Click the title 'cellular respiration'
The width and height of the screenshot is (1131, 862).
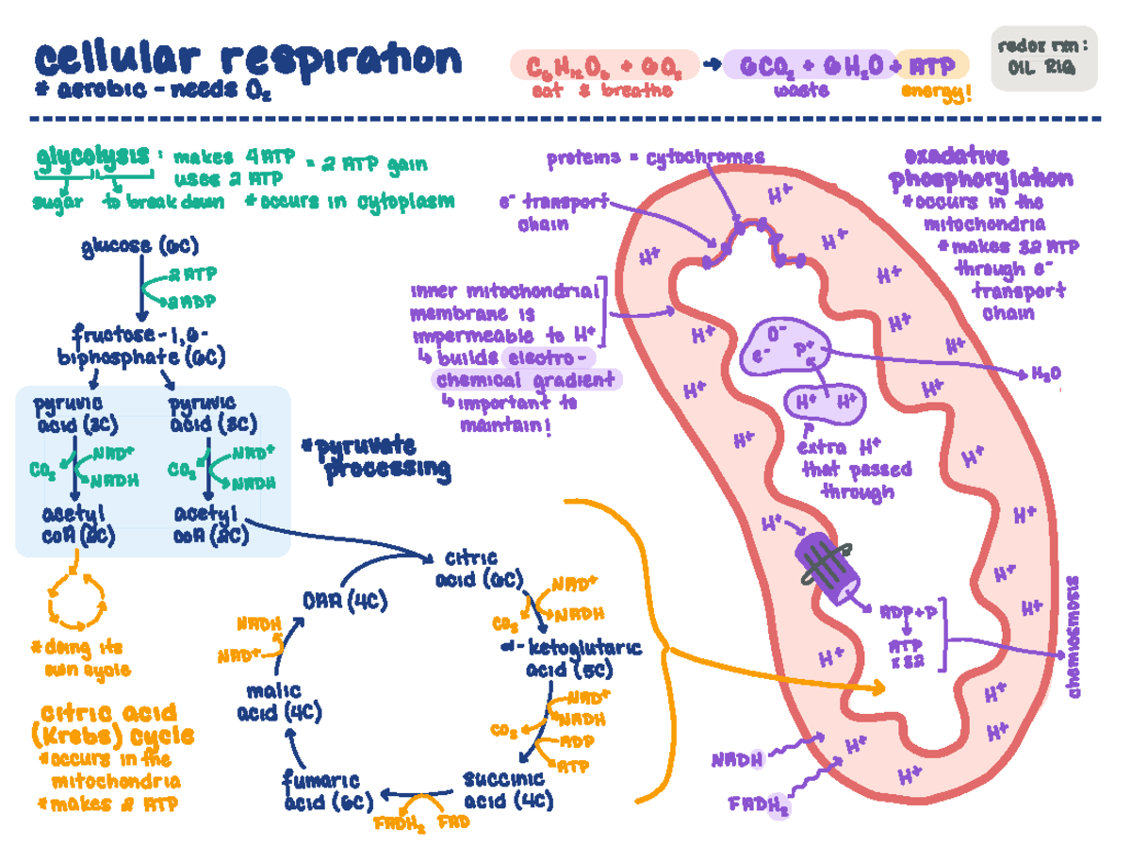[x=247, y=59]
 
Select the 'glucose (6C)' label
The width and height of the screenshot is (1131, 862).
[x=139, y=247]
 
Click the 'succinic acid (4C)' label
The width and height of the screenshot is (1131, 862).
[x=506, y=790]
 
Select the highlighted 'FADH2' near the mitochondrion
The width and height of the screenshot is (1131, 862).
[x=773, y=806]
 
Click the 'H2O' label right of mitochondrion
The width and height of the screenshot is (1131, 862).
[x=1045, y=373]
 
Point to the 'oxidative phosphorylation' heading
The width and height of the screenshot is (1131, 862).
[x=980, y=168]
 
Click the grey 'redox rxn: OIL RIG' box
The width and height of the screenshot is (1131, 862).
[x=1045, y=57]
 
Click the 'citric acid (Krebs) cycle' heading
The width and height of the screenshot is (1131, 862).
[x=112, y=724]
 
